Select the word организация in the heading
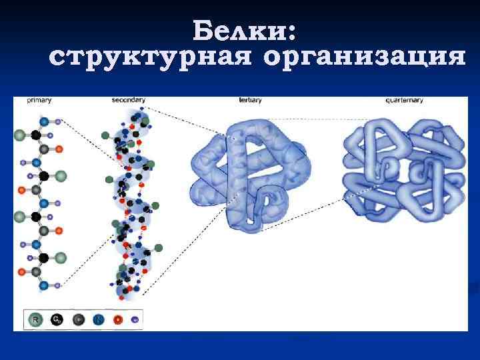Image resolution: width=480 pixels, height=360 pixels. (x=364, y=58)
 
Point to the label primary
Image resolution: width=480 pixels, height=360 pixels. (x=39, y=100)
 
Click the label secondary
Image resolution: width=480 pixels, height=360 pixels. (x=128, y=100)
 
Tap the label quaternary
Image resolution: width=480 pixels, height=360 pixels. (x=404, y=100)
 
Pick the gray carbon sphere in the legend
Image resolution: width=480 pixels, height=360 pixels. (x=78, y=319)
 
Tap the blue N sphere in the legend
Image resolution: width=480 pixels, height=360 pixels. (x=98, y=319)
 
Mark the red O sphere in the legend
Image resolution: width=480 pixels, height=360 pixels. (x=118, y=319)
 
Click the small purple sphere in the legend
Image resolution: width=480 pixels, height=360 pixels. (x=135, y=319)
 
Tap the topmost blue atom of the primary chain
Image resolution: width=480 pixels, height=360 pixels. (x=44, y=122)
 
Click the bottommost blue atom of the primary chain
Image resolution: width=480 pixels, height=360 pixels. (x=44, y=285)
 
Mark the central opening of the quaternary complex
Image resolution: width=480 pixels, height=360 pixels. (x=403, y=167)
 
